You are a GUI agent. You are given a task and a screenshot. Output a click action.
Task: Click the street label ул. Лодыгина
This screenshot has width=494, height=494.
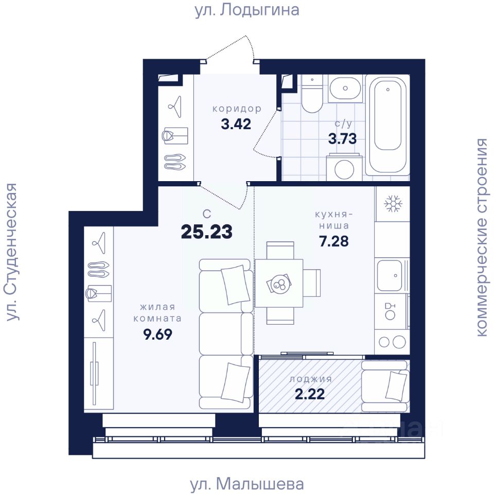coord(246,10)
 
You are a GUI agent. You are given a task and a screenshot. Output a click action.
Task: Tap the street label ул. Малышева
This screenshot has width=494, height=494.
coord(247,484)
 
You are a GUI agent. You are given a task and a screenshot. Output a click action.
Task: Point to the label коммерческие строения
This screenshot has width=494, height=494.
coord(482,237)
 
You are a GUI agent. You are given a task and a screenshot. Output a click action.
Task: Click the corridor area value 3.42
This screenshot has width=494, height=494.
coord(236,124)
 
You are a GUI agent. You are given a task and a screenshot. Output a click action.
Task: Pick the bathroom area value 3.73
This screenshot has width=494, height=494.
coord(343,138)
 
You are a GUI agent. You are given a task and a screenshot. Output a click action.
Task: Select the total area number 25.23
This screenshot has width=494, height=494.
coord(207,232)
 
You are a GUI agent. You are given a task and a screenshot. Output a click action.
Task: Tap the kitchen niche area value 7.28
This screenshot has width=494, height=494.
coord(334,241)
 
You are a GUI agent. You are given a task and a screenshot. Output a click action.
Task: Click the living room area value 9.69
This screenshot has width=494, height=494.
coord(157,334)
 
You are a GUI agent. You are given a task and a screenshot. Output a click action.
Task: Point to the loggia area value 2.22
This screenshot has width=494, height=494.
coord(310,394)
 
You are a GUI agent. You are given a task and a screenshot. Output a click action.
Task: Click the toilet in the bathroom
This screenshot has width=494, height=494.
coord(312,93)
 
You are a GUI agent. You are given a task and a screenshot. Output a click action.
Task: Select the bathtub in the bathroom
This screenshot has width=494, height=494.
coord(388,124)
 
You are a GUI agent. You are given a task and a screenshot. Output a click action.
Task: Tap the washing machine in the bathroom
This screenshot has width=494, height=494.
coord(344,167)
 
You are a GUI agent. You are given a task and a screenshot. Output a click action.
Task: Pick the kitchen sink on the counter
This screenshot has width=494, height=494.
coord(390,275)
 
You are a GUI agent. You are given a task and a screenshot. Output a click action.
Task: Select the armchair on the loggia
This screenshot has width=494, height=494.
coord(385,386)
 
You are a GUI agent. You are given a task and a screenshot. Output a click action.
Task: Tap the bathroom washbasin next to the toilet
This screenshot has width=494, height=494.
coord(345,88)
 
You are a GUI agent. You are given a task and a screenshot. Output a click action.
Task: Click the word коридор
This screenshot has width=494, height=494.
coord(237,109)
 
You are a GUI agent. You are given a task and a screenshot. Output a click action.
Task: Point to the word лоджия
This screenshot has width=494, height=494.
coord(311,379)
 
